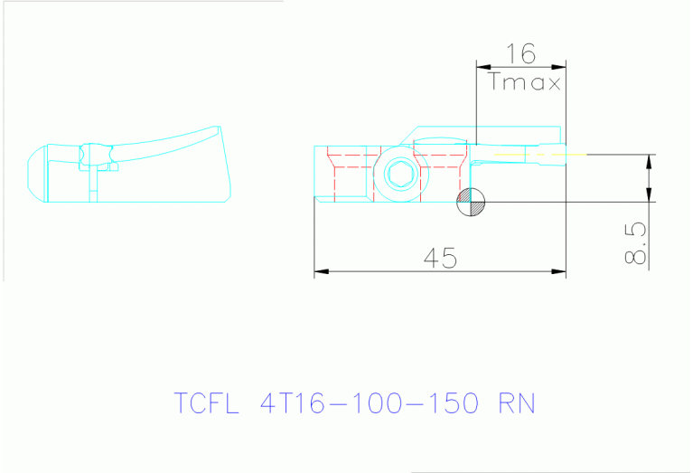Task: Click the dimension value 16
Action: [520, 53]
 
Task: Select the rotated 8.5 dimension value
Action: [636, 245]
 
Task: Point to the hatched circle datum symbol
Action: [471, 202]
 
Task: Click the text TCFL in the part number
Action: [205, 402]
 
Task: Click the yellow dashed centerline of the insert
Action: [542, 155]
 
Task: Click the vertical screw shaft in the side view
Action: [94, 184]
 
